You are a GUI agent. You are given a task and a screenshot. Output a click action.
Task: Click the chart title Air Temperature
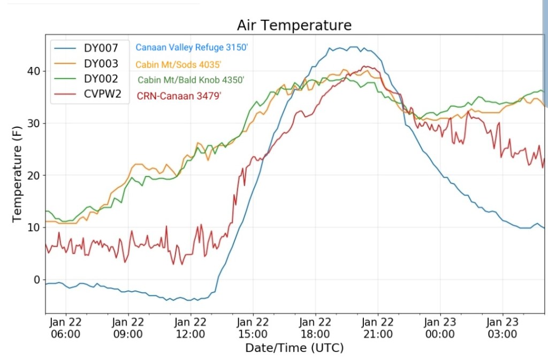point(294,26)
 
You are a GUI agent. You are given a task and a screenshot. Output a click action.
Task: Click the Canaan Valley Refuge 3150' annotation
point(192,48)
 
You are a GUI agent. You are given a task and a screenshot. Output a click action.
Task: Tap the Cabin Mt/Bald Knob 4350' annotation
point(191,80)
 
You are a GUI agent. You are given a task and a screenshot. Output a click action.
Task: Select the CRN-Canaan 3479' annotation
point(184,97)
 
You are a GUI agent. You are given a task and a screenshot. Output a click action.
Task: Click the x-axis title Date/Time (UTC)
point(294,348)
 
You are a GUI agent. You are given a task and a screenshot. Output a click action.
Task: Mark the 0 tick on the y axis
point(37,280)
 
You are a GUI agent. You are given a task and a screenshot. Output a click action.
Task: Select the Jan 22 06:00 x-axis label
point(66,328)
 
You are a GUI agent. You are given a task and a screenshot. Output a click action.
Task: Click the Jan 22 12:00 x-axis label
point(191,328)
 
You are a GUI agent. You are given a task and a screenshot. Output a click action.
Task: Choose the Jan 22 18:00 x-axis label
point(315,328)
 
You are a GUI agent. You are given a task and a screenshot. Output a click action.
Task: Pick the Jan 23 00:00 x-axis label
point(440,328)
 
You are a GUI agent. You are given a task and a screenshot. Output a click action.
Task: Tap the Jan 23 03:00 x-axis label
point(503,328)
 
